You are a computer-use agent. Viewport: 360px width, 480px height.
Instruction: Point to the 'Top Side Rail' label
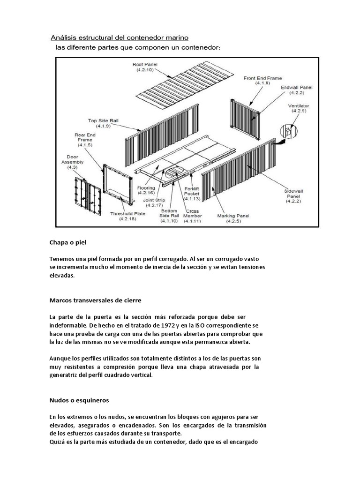103,123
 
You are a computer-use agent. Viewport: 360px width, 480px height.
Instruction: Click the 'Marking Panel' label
233,218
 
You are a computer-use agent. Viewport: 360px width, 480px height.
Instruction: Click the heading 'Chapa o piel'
68,243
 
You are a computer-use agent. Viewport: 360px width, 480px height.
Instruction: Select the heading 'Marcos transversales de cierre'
95,300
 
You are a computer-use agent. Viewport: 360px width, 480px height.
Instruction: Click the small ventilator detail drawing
287,133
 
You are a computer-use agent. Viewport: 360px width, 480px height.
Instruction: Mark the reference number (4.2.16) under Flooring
147,193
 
